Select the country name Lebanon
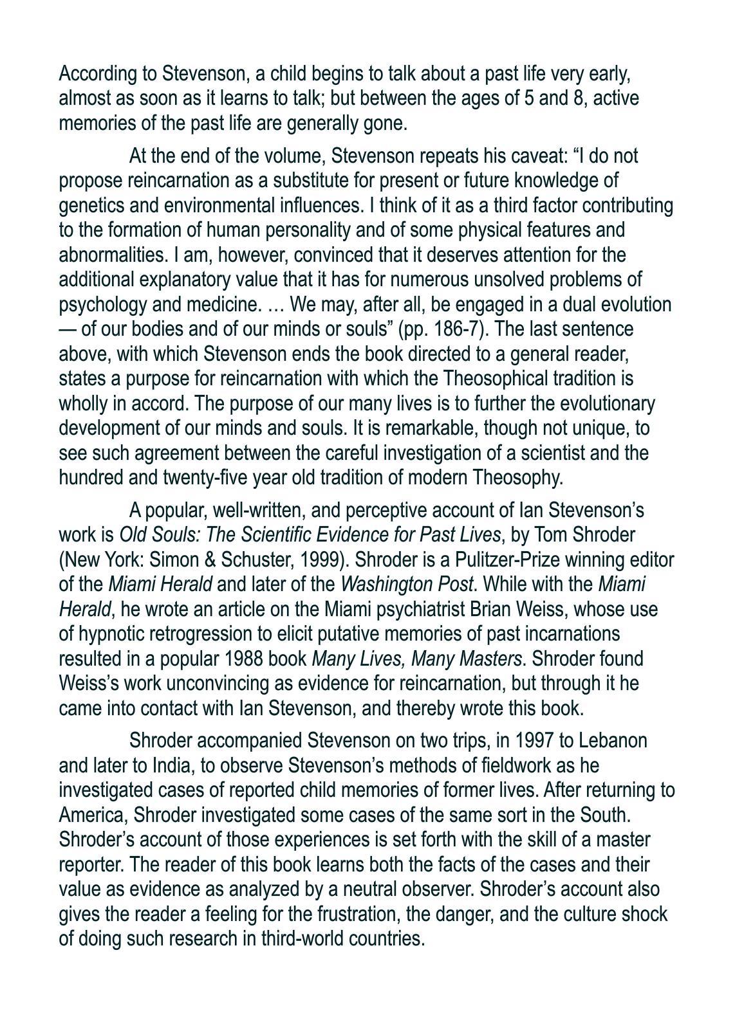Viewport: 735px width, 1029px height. [613, 741]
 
